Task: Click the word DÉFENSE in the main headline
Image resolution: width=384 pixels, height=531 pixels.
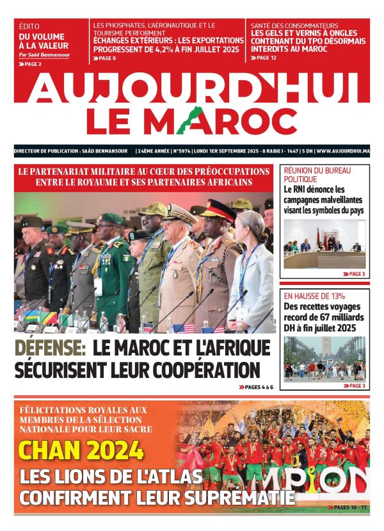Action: pos(51,349)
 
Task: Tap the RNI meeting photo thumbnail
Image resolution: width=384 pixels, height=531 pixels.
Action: pos(324,243)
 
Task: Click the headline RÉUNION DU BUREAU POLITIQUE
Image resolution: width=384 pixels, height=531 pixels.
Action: pos(313,175)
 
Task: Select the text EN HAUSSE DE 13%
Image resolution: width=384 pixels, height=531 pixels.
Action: pos(314,296)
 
